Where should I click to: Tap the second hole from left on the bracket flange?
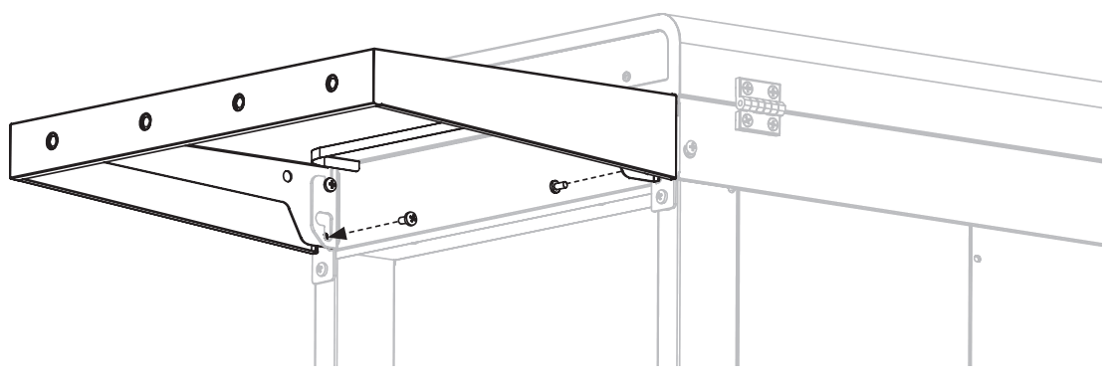point(145,121)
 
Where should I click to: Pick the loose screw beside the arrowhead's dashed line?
point(408,219)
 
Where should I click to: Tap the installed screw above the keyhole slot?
point(331,184)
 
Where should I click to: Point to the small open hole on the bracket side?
point(287,177)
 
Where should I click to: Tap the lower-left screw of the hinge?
point(744,119)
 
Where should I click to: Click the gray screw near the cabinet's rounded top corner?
point(625,76)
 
